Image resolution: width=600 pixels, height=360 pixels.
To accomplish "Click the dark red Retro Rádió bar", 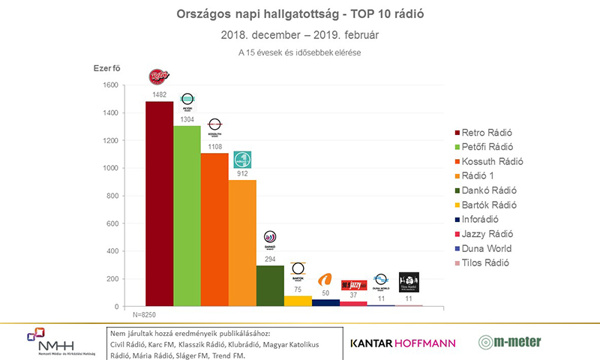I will click(159, 203).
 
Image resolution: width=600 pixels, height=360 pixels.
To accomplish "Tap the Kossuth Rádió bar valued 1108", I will click(214, 229).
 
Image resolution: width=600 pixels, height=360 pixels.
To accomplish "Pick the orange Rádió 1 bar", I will click(242, 243).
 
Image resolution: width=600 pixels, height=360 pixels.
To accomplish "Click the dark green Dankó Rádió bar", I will click(270, 286).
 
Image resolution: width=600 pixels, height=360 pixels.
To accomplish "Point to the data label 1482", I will click(159, 95).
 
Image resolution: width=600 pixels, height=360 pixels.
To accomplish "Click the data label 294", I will click(270, 259).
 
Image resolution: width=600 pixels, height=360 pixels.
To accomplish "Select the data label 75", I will click(298, 289).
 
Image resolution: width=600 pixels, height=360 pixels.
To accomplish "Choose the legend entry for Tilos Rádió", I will click(488, 262).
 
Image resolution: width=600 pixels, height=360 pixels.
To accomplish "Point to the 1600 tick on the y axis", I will click(109, 85).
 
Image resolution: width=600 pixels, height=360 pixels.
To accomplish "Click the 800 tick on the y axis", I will click(111, 196).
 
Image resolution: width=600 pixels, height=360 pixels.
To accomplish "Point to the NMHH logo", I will click(50, 342).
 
